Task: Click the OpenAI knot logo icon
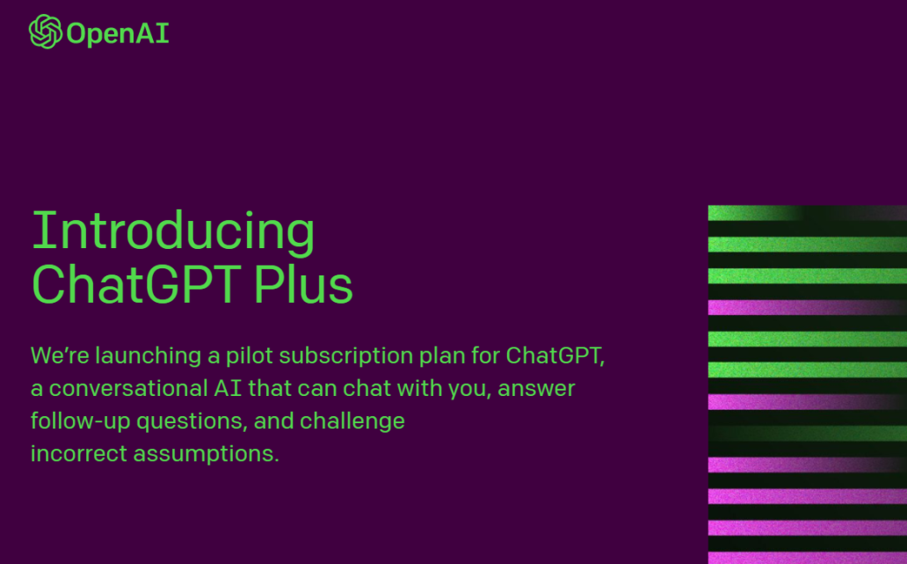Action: click(x=46, y=32)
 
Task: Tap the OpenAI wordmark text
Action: click(x=118, y=33)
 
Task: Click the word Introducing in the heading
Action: click(x=173, y=231)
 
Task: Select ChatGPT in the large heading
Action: click(x=136, y=283)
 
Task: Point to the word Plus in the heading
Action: click(x=303, y=283)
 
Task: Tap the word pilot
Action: click(x=249, y=355)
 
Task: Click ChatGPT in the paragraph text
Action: click(x=555, y=355)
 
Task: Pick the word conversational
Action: click(x=127, y=389)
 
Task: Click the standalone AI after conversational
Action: click(x=228, y=388)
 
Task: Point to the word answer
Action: click(x=536, y=389)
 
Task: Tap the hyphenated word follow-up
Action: click(x=80, y=421)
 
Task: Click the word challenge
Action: click(x=352, y=421)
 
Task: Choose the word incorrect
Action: click(x=79, y=453)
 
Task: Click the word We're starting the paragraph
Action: click(x=60, y=355)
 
